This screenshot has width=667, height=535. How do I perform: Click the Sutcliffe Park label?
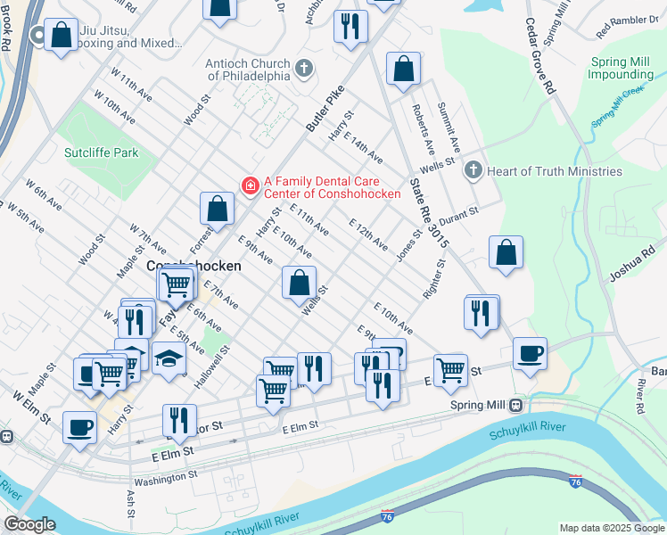coord(102,152)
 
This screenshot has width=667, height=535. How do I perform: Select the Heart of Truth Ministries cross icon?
coord(473,170)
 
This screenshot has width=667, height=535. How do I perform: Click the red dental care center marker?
coord(251,185)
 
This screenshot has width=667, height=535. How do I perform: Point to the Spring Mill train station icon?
coord(516,405)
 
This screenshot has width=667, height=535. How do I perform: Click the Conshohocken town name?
coord(193,266)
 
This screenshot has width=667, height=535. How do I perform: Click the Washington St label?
coord(165,478)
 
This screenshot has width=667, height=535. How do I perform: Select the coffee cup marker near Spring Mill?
coord(530,352)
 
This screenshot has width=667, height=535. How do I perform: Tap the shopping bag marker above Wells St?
coord(300,283)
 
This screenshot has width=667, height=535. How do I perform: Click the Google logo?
coord(29,523)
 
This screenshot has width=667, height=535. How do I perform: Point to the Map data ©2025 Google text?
coord(612,528)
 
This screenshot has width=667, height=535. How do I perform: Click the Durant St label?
coord(459,213)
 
